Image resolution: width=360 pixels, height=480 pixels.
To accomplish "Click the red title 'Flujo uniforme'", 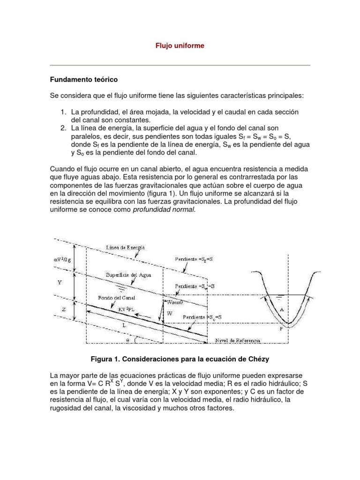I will pyautogui.click(x=180, y=46).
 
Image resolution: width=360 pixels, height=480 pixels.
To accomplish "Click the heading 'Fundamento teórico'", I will pyautogui.click(x=84, y=80).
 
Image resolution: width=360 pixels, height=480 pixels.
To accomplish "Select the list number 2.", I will pyautogui.click(x=63, y=128).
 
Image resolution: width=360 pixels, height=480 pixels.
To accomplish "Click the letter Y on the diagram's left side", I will pyautogui.click(x=59, y=283).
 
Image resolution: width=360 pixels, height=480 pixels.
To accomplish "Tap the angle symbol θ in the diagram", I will pyautogui.click(x=128, y=340).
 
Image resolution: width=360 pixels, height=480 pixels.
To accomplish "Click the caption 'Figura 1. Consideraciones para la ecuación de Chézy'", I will pyautogui.click(x=180, y=359).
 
